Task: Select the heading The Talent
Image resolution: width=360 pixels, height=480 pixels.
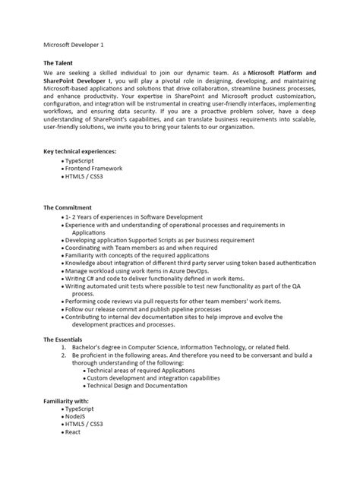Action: [x=61, y=64]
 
